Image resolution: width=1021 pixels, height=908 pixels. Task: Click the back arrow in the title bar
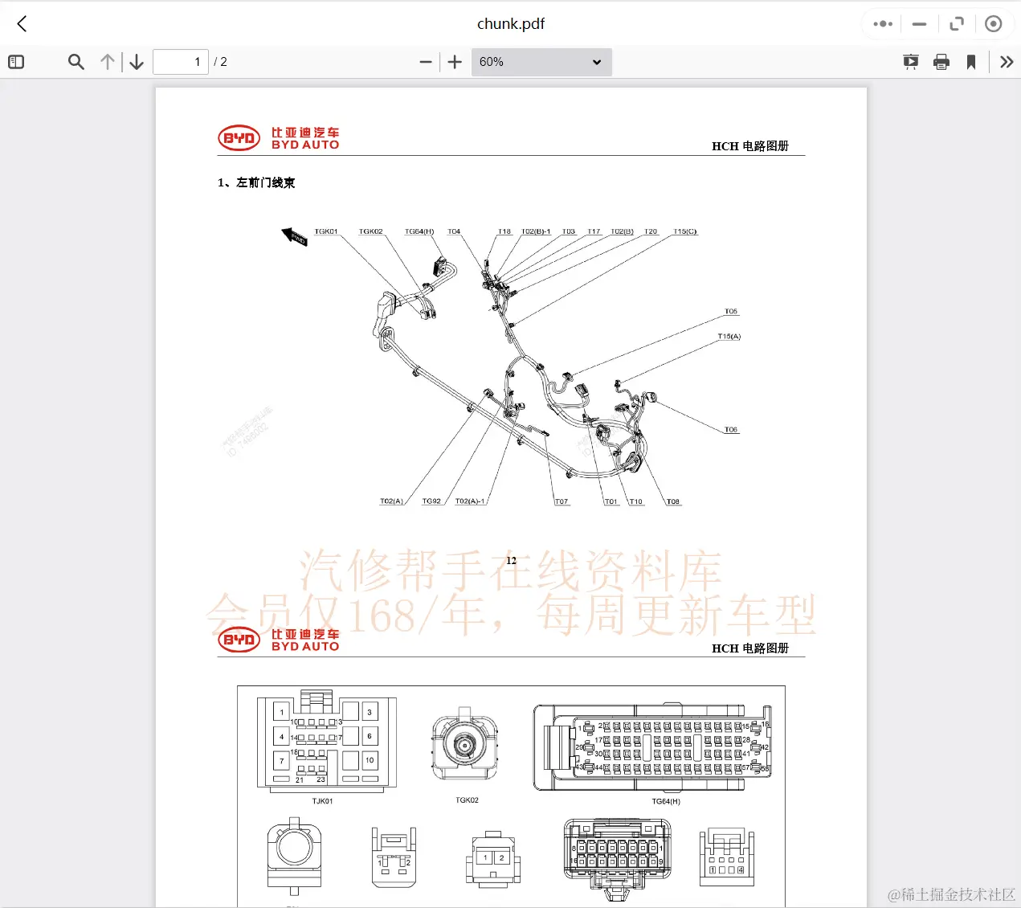(22, 24)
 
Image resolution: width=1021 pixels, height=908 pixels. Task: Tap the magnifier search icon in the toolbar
(76, 62)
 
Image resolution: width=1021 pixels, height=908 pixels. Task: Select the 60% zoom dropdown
(541, 62)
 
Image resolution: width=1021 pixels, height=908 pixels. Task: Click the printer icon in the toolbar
(941, 62)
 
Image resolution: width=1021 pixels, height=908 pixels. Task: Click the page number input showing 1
(181, 62)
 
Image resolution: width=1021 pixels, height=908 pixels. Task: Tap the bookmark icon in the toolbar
(971, 62)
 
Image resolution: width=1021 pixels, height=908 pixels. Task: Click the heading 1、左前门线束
(256, 182)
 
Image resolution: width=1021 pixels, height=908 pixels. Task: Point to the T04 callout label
(454, 231)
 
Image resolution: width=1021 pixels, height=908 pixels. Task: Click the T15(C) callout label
(684, 231)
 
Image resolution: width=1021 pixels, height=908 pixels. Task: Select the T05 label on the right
(730, 311)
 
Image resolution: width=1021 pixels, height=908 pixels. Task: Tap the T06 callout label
(730, 430)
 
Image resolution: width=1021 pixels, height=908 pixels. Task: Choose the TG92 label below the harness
(431, 501)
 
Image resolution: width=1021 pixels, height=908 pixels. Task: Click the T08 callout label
(672, 502)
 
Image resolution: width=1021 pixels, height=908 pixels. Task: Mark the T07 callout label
(562, 502)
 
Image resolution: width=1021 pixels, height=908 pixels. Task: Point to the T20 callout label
(651, 231)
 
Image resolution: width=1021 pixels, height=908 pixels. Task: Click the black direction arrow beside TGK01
(294, 236)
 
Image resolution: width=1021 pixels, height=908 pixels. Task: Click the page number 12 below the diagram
(511, 561)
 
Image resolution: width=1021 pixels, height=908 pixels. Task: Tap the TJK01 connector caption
(322, 801)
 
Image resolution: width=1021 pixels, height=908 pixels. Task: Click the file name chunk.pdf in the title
(511, 24)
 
